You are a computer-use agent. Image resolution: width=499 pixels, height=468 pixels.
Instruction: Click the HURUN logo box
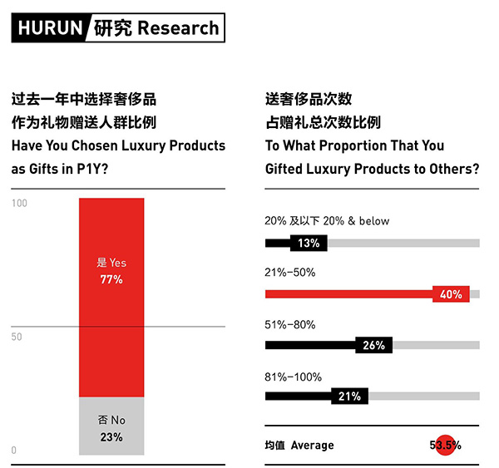point(48,27)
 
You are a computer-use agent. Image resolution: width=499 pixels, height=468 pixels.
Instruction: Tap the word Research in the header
point(178,27)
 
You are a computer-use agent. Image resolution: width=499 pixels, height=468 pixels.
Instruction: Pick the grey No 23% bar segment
point(111,426)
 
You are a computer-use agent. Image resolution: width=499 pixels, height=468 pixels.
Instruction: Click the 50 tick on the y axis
point(17,337)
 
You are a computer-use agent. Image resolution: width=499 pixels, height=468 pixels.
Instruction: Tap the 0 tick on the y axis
point(14,450)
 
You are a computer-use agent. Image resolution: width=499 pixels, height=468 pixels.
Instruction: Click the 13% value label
point(309,244)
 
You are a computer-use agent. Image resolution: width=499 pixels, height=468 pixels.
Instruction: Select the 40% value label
point(452,294)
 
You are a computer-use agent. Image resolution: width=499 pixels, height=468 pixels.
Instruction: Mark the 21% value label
point(349,397)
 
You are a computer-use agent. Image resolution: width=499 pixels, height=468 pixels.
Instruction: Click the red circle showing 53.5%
point(446,446)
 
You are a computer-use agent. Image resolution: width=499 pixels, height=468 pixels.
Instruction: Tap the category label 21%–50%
point(290,272)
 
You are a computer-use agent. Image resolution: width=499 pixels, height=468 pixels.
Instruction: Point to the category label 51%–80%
point(290,323)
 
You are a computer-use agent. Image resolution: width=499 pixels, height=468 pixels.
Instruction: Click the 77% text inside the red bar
point(111,280)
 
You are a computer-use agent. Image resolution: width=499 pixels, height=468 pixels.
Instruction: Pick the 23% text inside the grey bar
point(111,436)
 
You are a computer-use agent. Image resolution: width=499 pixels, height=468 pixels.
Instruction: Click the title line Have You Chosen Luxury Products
point(118,145)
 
